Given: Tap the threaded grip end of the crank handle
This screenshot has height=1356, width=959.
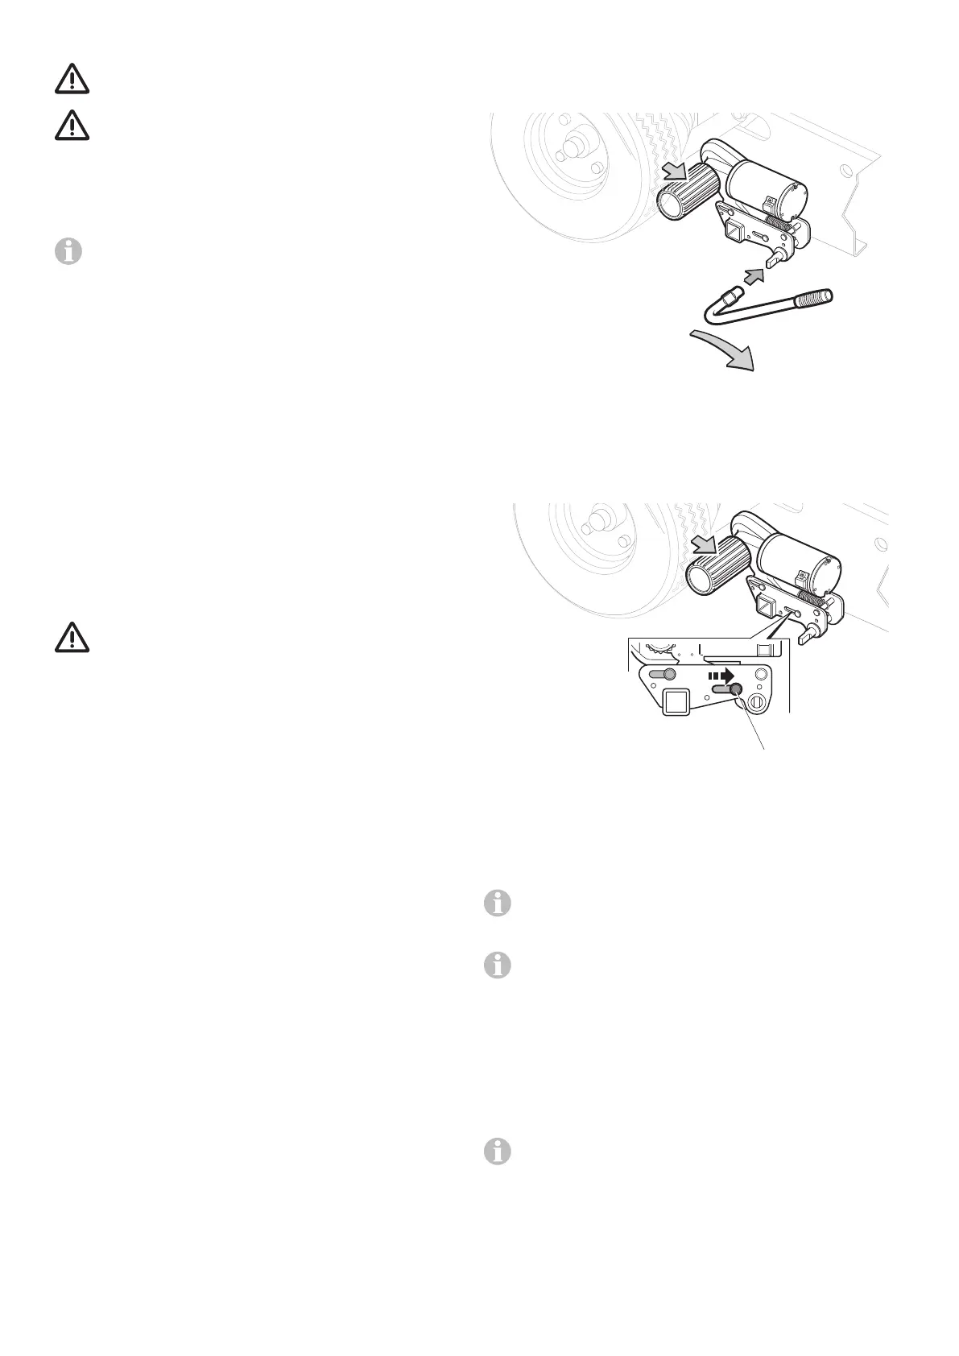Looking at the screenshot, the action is coord(822,298).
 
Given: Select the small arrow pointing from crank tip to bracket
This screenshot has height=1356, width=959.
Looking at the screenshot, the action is coord(754,279).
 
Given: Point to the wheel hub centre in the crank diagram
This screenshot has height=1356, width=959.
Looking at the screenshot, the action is coord(575,147).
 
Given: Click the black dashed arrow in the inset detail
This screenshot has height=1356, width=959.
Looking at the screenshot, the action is coord(720,676).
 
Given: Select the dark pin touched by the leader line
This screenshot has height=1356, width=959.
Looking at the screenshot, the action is coord(735,689).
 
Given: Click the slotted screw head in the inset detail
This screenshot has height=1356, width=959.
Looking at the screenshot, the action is coord(757,703).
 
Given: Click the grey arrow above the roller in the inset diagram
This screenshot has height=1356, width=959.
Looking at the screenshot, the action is coord(706,547).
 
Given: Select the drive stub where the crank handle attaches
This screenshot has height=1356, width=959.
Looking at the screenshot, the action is coord(775,258).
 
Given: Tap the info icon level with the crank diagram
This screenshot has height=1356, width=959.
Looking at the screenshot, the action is coord(68,253).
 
